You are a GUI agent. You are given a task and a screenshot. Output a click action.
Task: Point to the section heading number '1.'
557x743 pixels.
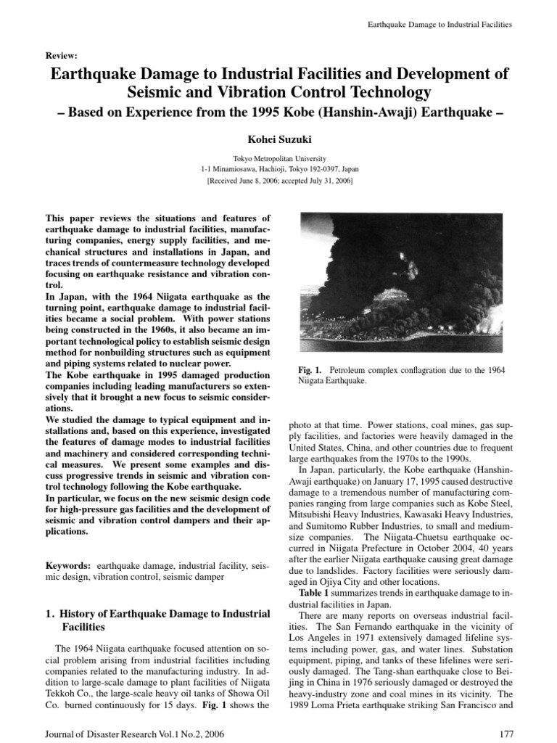pos(50,614)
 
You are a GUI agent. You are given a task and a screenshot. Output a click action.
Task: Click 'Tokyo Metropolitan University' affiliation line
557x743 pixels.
pos(278,158)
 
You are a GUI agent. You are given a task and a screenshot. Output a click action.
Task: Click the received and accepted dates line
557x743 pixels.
pos(278,179)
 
